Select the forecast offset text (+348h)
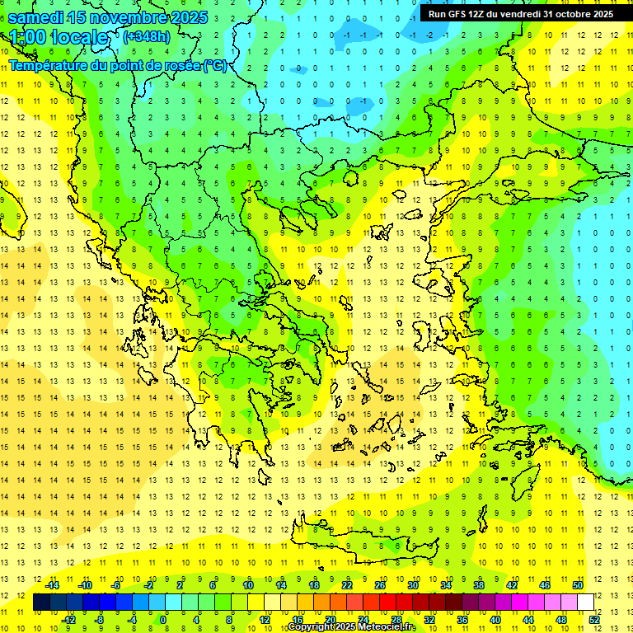[x=148, y=36]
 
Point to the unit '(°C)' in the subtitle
[x=214, y=65]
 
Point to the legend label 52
[x=593, y=619]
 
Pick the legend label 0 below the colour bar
[x=163, y=619]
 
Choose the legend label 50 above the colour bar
[x=578, y=585]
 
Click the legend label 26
[x=379, y=585]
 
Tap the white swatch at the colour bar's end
[x=585, y=603]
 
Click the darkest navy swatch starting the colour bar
[x=41, y=603]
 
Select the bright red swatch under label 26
[x=387, y=603]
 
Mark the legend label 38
[x=478, y=585]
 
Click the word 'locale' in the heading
[x=81, y=37]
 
